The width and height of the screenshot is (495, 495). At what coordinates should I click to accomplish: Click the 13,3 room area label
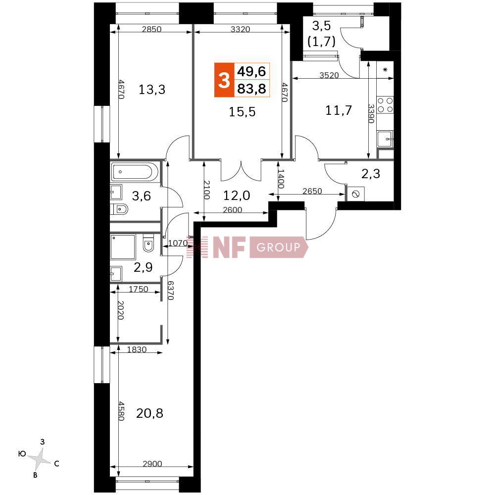tap(152, 90)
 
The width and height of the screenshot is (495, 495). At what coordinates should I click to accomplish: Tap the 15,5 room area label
tap(242, 112)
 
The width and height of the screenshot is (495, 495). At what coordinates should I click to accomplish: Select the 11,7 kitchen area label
tap(339, 110)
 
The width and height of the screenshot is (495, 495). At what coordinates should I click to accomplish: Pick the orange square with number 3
tap(224, 80)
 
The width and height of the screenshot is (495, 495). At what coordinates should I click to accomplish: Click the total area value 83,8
tap(251, 88)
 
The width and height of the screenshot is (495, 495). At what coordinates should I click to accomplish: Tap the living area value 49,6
tap(251, 72)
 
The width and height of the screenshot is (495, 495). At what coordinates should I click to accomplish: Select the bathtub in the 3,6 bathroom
tap(134, 172)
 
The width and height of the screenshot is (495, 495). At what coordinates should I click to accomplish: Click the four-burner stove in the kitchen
tap(386, 104)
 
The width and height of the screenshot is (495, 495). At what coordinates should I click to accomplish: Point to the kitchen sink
tap(385, 139)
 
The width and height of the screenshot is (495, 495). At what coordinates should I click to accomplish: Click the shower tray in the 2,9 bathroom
tap(123, 247)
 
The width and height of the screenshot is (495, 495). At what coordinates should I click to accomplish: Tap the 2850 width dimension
tap(151, 29)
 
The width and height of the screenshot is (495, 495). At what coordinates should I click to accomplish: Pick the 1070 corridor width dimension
tap(177, 243)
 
